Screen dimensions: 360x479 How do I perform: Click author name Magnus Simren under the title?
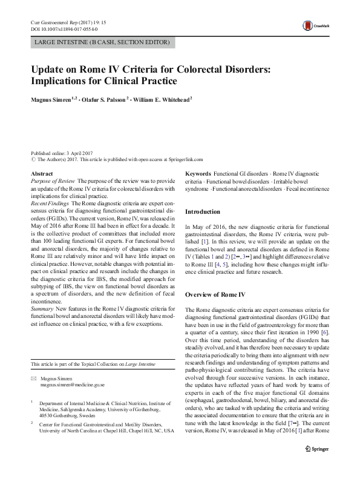54,99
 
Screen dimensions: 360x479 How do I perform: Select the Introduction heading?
203,212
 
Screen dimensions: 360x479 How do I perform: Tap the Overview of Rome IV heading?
215,294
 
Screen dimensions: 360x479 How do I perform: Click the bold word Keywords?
198,174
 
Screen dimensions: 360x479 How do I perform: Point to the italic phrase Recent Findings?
50,203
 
